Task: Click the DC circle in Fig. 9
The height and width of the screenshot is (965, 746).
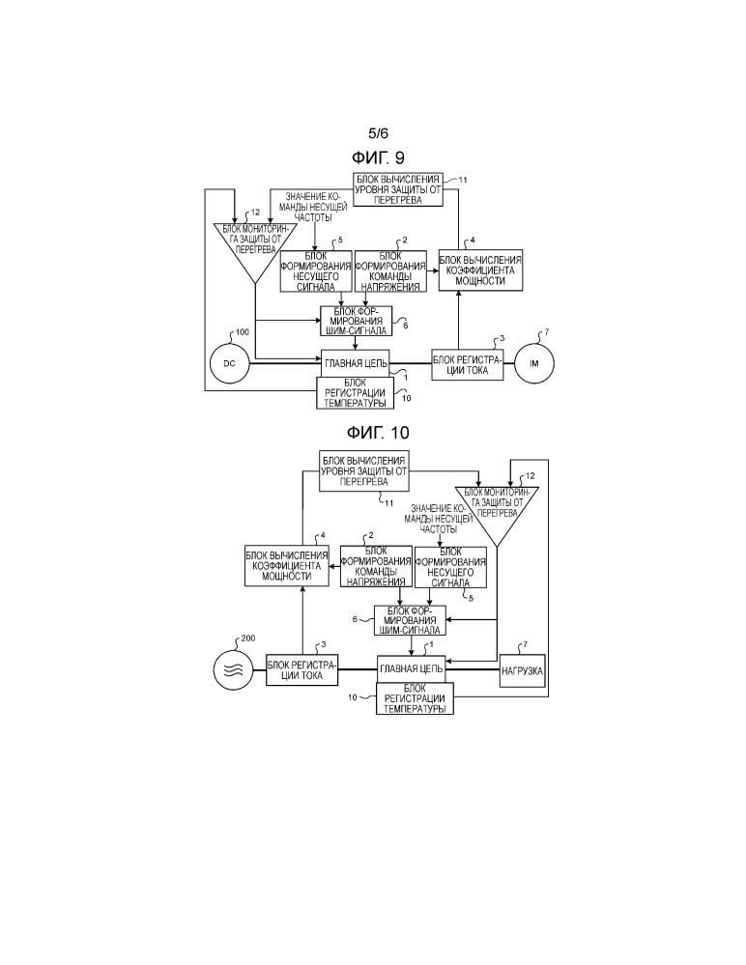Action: (230, 363)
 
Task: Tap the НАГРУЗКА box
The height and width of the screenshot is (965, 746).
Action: (522, 667)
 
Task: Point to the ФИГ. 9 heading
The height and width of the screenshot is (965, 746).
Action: (384, 156)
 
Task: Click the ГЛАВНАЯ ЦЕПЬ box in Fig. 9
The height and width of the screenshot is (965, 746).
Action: (355, 363)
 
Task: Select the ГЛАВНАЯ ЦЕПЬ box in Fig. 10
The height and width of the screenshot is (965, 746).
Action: (411, 667)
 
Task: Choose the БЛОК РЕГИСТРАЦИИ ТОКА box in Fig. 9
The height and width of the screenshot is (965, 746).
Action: (468, 365)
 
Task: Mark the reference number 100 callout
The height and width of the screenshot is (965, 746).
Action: (242, 331)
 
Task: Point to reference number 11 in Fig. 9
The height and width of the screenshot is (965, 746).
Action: (463, 181)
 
